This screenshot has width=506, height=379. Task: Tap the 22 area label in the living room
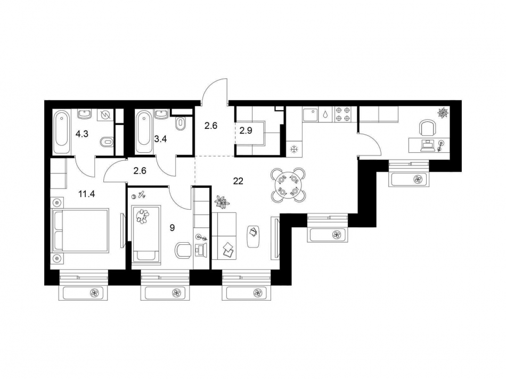[238, 181]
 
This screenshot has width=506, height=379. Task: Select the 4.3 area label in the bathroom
[82, 134]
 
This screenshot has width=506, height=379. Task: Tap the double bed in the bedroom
[83, 230]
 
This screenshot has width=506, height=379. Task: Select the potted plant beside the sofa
[221, 201]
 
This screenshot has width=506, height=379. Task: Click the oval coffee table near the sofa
[254, 234]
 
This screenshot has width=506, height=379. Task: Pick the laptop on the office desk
[426, 145]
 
